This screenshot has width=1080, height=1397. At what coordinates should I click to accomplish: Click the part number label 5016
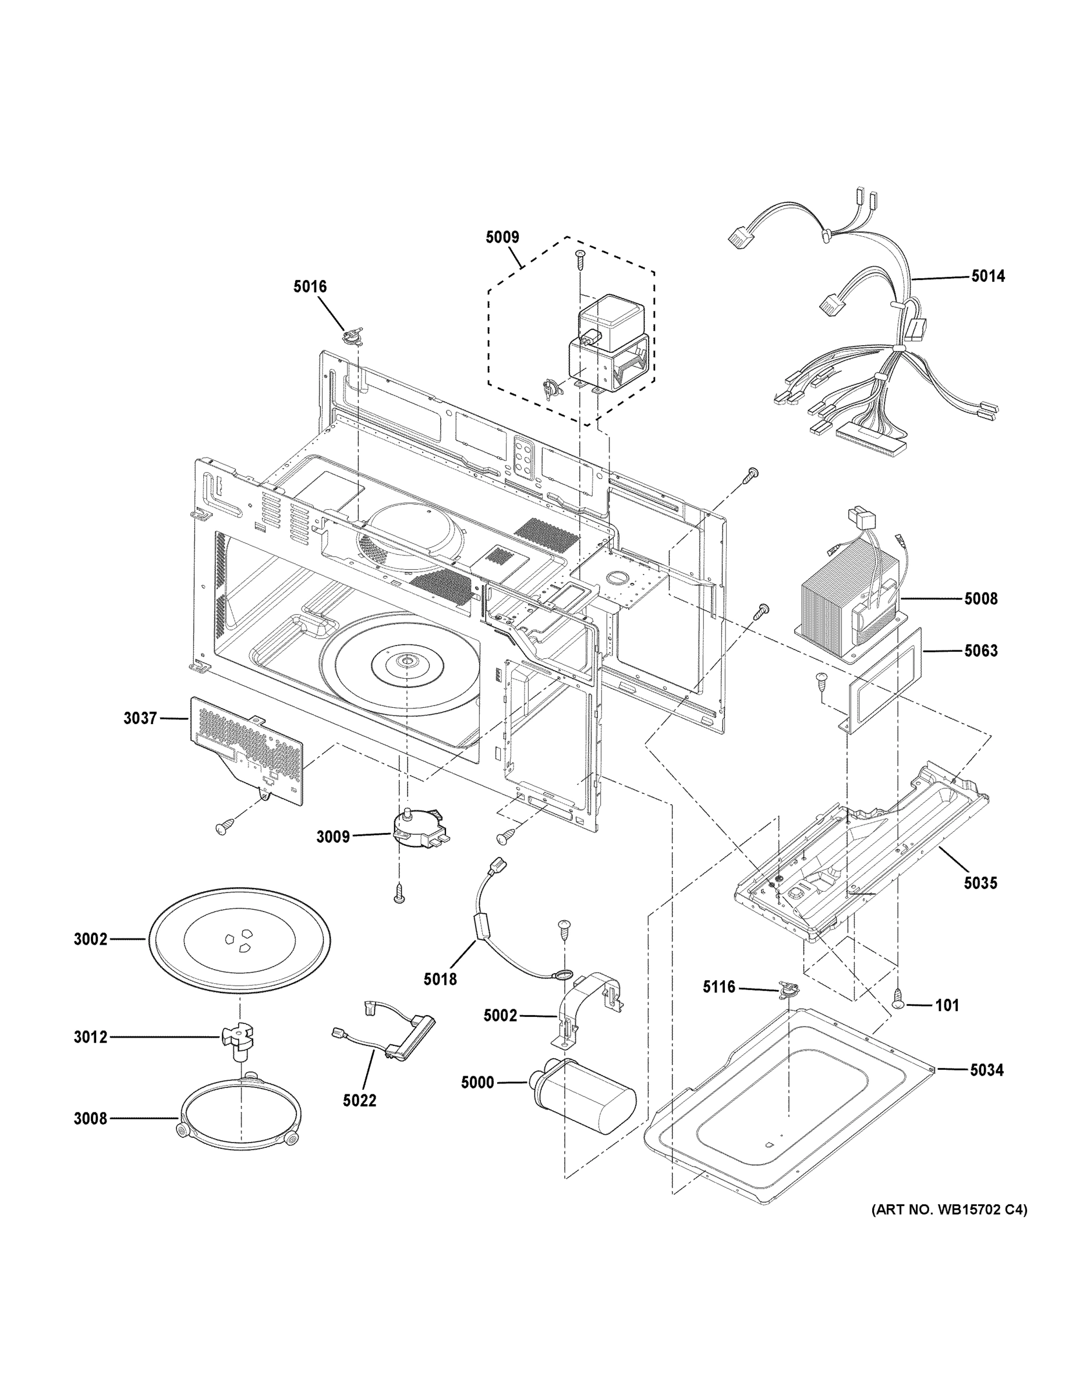pos(310,286)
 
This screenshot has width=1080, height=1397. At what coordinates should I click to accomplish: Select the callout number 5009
pos(502,237)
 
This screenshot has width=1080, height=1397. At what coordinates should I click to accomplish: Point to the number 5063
pos(980,651)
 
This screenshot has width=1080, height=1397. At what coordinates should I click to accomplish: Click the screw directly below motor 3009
pos(399,892)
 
